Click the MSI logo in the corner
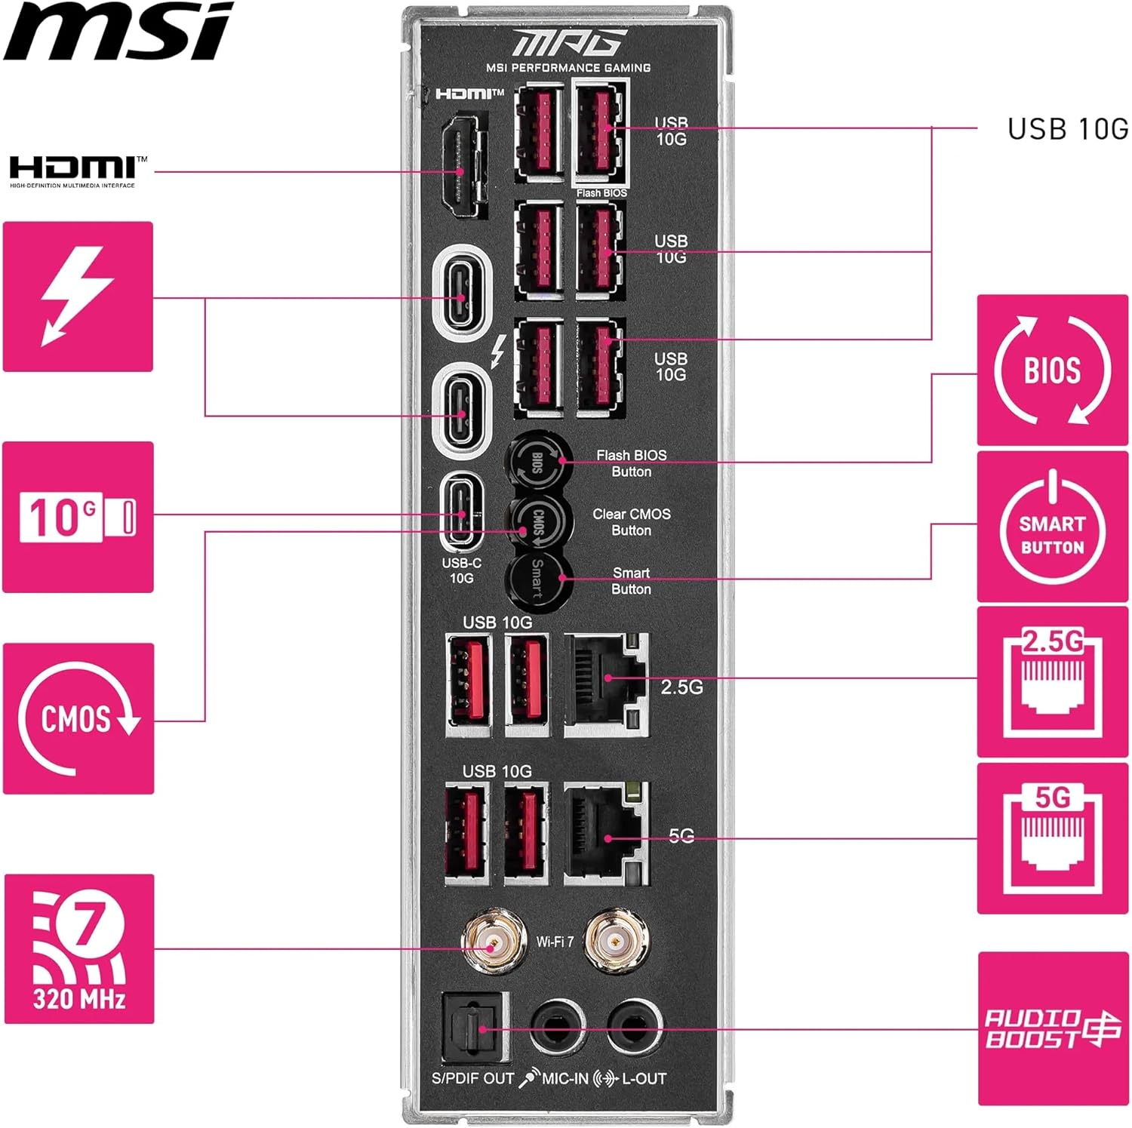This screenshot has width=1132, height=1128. (117, 32)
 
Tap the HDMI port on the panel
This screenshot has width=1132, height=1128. (461, 166)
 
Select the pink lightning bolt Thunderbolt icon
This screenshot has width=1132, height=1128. (78, 297)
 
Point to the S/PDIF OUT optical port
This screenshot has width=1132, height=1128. (474, 1028)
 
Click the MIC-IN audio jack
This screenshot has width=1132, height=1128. (557, 1028)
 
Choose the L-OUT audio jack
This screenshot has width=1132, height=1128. (634, 1028)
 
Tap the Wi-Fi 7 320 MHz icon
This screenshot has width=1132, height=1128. (79, 948)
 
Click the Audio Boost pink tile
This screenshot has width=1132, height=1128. (1053, 1028)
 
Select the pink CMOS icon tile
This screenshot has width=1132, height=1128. (78, 718)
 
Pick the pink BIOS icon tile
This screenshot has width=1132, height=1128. (1052, 370)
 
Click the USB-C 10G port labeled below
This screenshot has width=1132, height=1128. (462, 513)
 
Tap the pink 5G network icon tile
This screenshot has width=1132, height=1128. (1052, 838)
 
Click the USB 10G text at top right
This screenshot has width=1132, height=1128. (1067, 129)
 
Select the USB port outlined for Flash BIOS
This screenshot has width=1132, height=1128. (601, 133)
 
